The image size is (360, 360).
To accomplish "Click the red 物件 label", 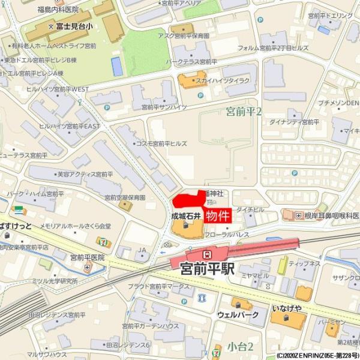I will click(218, 216).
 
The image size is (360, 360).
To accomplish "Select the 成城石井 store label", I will click(185, 215).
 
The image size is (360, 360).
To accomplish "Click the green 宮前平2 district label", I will click(244, 112).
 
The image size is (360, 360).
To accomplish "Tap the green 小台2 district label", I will click(240, 346).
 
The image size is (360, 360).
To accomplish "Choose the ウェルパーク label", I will click(238, 314).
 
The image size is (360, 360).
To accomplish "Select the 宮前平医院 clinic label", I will click(87, 257).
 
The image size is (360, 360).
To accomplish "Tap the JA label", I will click(142, 250).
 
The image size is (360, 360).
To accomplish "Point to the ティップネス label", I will click(304, 263).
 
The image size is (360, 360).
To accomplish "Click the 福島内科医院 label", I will click(58, 10).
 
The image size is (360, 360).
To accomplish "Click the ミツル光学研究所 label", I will click(56, 281).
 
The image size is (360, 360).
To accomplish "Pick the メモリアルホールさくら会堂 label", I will click(76, 226).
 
